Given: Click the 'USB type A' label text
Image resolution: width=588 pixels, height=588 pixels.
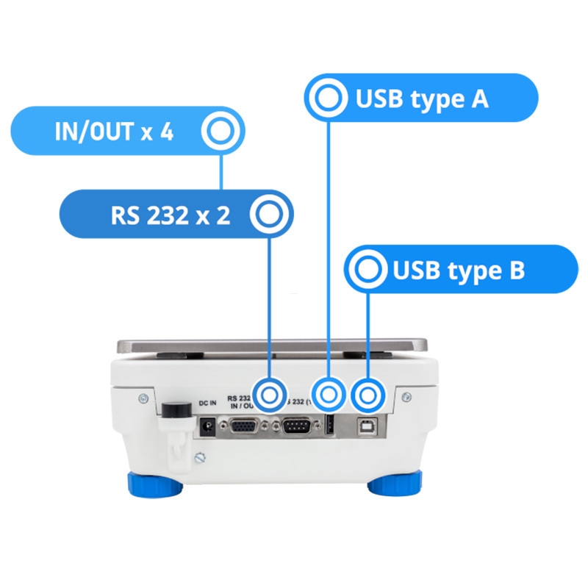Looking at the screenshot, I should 422,98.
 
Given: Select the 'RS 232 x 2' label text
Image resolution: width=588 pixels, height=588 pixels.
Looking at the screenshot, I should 171,216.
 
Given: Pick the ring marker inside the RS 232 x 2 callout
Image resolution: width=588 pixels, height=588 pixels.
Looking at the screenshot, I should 269,215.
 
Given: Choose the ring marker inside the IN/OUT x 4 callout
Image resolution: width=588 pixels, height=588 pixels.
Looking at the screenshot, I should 220,132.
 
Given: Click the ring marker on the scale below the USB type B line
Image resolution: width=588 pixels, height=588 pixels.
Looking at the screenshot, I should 368,395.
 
